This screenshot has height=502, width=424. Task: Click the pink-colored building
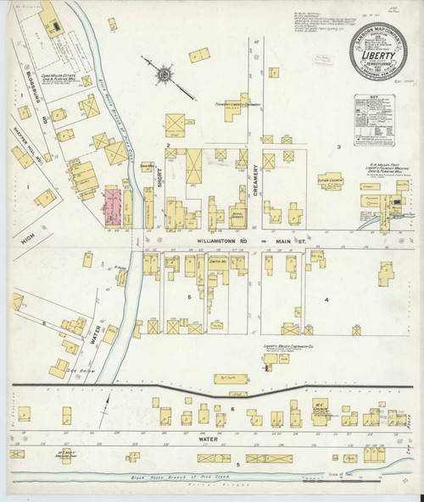coord(112,207)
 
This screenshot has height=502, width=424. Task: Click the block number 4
coord(325,300)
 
